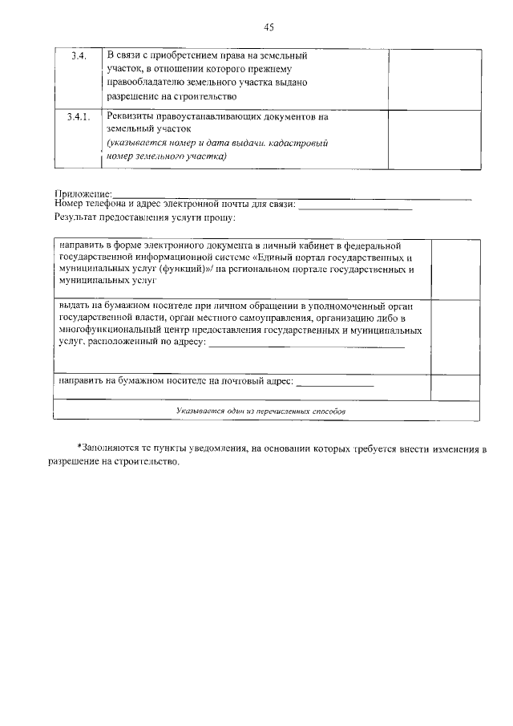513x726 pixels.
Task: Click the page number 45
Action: pos(269,27)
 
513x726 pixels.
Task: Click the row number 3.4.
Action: pos(79,56)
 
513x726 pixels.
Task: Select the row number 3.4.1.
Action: pos(79,116)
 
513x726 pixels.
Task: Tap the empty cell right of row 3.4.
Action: pos(434,76)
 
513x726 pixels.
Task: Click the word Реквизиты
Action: pos(131,116)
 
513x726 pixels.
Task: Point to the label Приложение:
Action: pos(83,194)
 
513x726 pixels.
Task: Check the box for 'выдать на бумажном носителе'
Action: pos(455,335)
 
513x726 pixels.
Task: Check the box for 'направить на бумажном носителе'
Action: pos(455,386)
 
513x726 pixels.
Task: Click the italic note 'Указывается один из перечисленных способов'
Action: pos(261,411)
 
